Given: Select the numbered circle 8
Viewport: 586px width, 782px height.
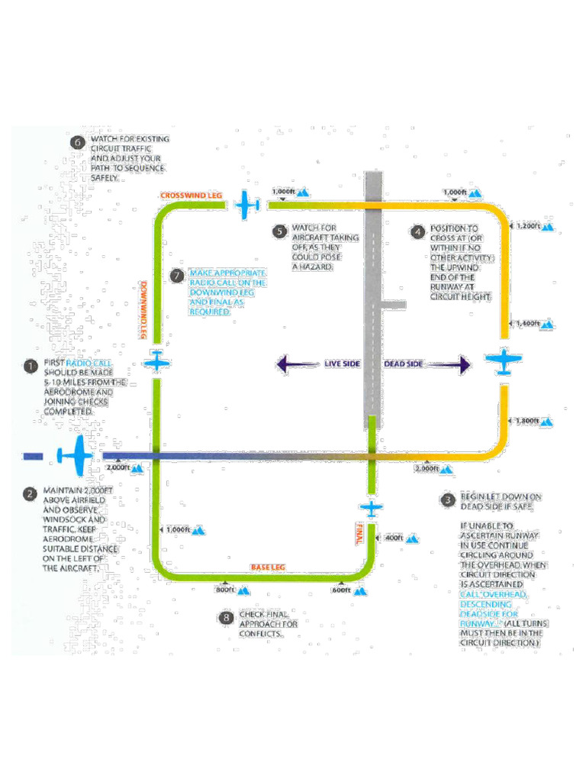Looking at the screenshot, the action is click(x=226, y=618).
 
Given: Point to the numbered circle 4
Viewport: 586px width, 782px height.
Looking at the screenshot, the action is click(x=417, y=232).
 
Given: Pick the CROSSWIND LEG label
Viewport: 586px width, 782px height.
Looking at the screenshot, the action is click(x=191, y=196).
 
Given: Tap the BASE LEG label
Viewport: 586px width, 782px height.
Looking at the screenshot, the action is click(x=268, y=567).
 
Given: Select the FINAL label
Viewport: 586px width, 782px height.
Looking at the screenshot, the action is click(x=357, y=532).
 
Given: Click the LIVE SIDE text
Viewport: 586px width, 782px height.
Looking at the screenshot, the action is click(x=342, y=364).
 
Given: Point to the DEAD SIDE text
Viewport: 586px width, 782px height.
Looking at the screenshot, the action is click(x=402, y=364).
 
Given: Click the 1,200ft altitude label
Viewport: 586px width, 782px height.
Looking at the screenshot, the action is click(x=528, y=226).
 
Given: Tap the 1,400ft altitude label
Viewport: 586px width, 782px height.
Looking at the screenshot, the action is click(x=528, y=324).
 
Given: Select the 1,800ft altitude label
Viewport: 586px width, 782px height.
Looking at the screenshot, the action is click(x=528, y=421).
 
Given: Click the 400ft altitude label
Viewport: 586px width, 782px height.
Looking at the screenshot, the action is click(x=394, y=538).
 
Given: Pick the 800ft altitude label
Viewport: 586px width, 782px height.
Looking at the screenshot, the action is click(x=224, y=590).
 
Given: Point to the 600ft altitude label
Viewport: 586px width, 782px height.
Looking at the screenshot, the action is click(x=341, y=590).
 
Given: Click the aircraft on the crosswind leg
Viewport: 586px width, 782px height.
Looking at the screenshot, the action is click(x=247, y=205).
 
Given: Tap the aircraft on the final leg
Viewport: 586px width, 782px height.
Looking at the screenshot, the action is click(x=371, y=508).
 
